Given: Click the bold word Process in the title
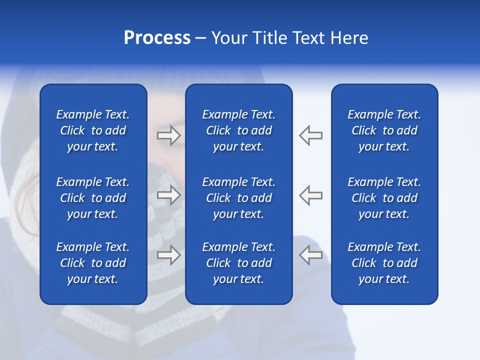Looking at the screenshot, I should pos(157,38).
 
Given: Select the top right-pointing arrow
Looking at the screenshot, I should pos(168,135).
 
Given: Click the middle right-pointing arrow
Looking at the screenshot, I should pos(168,194).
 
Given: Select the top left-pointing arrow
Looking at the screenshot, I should pos(310,135).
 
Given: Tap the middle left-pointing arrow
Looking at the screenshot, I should pos(310,194).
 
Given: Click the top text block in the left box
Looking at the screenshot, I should pos(93,130).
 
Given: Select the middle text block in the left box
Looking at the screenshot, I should pos(93,198).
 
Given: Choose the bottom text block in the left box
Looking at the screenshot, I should pos(93,263).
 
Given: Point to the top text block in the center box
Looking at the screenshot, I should pos(238,130).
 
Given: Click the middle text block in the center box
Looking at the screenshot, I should pos(238,198).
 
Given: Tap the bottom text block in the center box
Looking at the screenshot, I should pos(238,263).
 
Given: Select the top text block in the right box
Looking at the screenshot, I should pos(384,130).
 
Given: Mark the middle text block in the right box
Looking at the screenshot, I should pos(384,198).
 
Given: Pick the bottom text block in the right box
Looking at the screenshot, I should pos(384,263).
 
